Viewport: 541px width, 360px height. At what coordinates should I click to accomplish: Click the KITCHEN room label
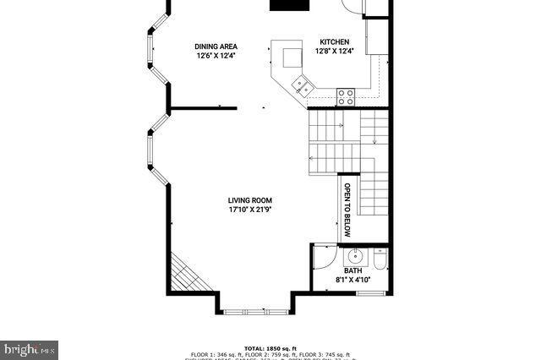pyautogui.click(x=333, y=41)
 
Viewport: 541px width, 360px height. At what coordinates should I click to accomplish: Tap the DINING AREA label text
pyautogui.click(x=216, y=46)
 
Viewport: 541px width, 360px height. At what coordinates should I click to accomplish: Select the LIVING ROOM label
pyautogui.click(x=249, y=200)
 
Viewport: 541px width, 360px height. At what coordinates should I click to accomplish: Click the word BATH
pyautogui.click(x=352, y=270)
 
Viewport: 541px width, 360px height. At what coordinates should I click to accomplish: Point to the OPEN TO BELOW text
pyautogui.click(x=347, y=209)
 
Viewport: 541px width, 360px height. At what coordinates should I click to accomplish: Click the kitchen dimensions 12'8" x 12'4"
pyautogui.click(x=333, y=52)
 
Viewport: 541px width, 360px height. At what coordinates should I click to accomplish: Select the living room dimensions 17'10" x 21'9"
pyautogui.click(x=249, y=210)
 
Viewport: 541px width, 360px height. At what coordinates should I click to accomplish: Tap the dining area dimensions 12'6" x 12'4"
pyautogui.click(x=216, y=57)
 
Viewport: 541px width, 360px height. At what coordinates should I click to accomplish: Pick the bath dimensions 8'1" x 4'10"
pyautogui.click(x=353, y=280)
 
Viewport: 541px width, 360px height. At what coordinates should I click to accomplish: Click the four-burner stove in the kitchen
pyautogui.click(x=346, y=96)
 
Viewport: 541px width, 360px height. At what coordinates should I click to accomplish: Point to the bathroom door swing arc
pyautogui.click(x=324, y=255)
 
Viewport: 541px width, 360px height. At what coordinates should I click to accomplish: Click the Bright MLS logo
pyautogui.click(x=29, y=348)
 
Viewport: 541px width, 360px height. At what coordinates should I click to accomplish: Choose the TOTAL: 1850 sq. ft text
pyautogui.click(x=270, y=348)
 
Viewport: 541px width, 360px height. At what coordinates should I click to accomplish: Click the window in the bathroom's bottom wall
pyautogui.click(x=369, y=292)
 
